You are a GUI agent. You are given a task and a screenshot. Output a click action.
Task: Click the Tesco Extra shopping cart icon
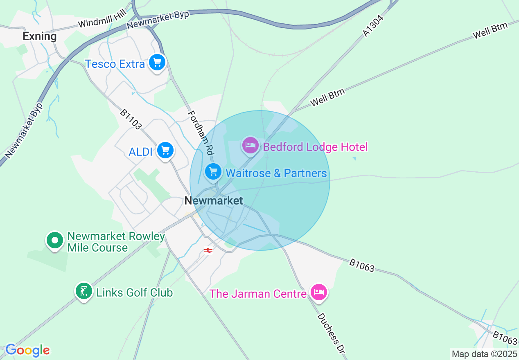[x=157, y=63]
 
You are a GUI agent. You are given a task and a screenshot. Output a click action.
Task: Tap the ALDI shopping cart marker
[x=165, y=151]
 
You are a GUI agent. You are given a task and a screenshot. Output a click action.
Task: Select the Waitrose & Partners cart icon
[x=213, y=172]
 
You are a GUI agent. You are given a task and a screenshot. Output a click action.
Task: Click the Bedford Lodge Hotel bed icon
[x=250, y=145]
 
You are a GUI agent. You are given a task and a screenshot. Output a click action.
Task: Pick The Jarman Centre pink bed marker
[x=318, y=292]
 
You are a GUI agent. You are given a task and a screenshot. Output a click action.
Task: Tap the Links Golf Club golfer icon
[x=84, y=291]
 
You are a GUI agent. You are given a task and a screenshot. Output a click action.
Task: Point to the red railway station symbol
[x=208, y=250]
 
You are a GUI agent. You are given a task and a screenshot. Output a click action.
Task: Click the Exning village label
[x=40, y=36]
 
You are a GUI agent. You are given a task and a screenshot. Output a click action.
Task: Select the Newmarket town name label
[x=214, y=200]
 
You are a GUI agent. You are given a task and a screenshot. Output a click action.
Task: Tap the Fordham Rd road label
[x=201, y=133]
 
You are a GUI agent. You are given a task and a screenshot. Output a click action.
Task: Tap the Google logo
[x=27, y=350]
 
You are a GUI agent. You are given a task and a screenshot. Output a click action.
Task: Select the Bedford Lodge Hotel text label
[x=315, y=147]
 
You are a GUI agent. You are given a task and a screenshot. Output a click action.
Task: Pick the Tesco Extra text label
[x=115, y=64]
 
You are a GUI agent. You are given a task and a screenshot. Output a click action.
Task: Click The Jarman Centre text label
[x=258, y=294]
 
